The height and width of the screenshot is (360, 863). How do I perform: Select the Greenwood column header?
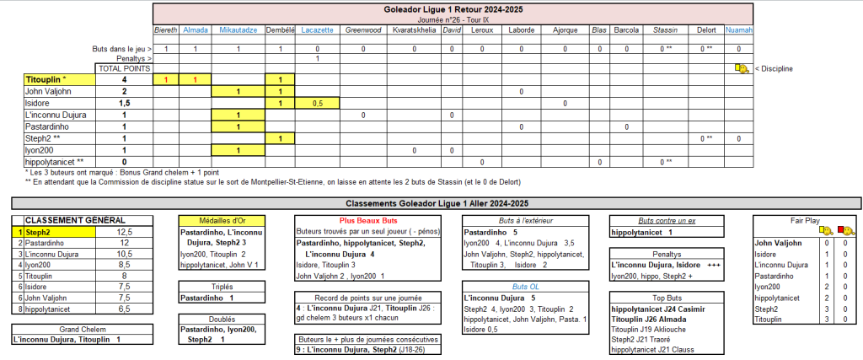363,30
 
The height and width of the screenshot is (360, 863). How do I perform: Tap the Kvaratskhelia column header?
414,30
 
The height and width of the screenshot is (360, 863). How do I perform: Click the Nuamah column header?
739,30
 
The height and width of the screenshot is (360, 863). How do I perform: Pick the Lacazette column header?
318,30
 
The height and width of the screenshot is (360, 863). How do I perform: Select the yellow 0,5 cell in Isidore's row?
318,103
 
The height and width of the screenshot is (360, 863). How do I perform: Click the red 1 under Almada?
196,79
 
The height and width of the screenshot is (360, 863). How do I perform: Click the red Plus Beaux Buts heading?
374,220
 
